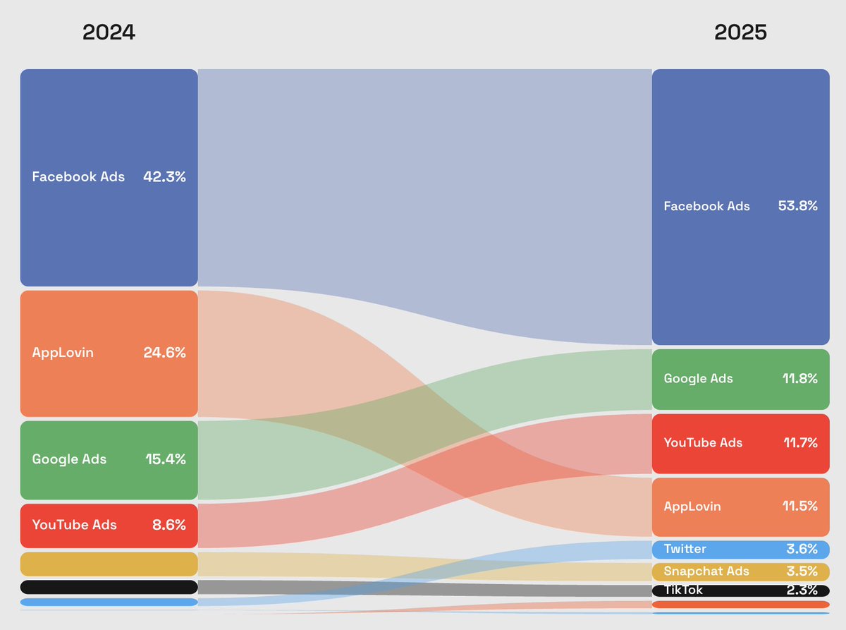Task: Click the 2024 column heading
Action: pos(109,32)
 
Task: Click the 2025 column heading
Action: pos(740,32)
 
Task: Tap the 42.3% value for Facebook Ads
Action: pos(164,177)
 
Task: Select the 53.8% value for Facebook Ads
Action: pos(796,207)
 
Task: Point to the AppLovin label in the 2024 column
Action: pos(63,353)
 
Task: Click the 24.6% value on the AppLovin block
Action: pos(164,353)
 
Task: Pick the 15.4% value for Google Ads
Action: pos(165,459)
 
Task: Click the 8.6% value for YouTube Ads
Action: pos(169,525)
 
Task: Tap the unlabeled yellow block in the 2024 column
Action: pos(109,564)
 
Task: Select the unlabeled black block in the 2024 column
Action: pos(109,587)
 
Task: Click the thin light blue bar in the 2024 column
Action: pos(109,602)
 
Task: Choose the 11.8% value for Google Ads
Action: pos(799,379)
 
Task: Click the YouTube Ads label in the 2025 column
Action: pos(703,443)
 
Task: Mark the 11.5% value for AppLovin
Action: pos(799,507)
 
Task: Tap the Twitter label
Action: pos(685,549)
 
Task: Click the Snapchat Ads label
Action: pos(706,571)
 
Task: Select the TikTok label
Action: pos(683,590)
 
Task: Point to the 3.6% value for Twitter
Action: pos(802,549)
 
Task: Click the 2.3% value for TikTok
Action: pos(802,590)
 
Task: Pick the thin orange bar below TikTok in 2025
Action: pos(740,605)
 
